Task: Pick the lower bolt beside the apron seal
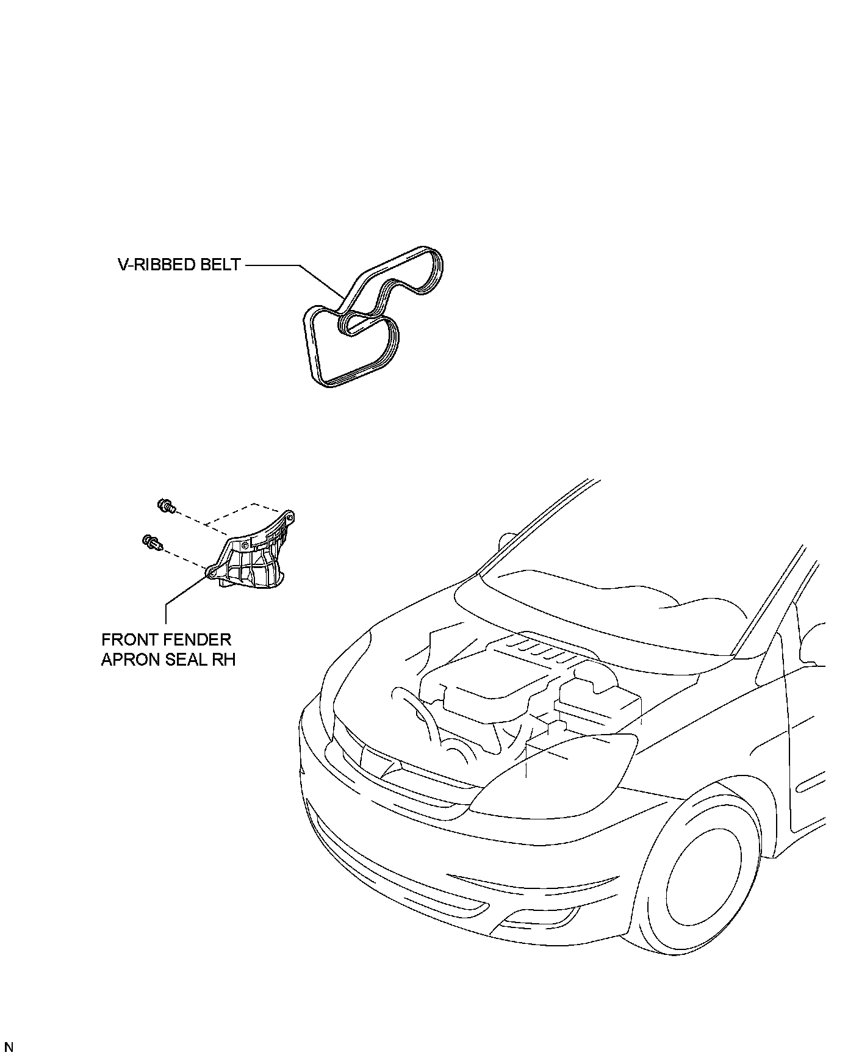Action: (x=151, y=541)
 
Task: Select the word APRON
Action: (x=129, y=660)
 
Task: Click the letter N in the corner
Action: (x=9, y=1048)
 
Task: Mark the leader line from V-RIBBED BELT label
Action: (x=287, y=266)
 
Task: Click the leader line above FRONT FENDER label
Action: (x=166, y=610)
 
